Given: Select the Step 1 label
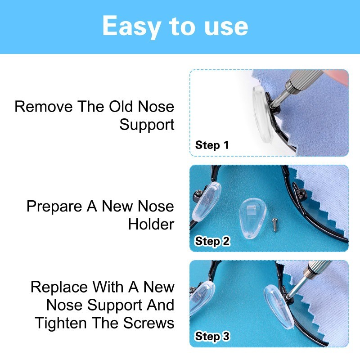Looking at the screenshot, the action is [x=212, y=145].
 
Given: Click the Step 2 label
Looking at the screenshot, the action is [x=212, y=241].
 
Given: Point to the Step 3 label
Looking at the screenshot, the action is [x=212, y=336].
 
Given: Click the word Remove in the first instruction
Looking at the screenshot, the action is [x=43, y=107].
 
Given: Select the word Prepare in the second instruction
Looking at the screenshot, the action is [x=54, y=207].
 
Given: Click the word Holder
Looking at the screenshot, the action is [x=151, y=224].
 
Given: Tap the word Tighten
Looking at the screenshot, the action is [x=61, y=323].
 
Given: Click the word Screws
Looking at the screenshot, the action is [x=148, y=323].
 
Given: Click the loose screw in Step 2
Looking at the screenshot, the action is [x=274, y=225].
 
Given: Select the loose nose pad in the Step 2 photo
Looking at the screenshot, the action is [x=252, y=218].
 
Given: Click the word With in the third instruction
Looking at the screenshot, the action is [x=108, y=287].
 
